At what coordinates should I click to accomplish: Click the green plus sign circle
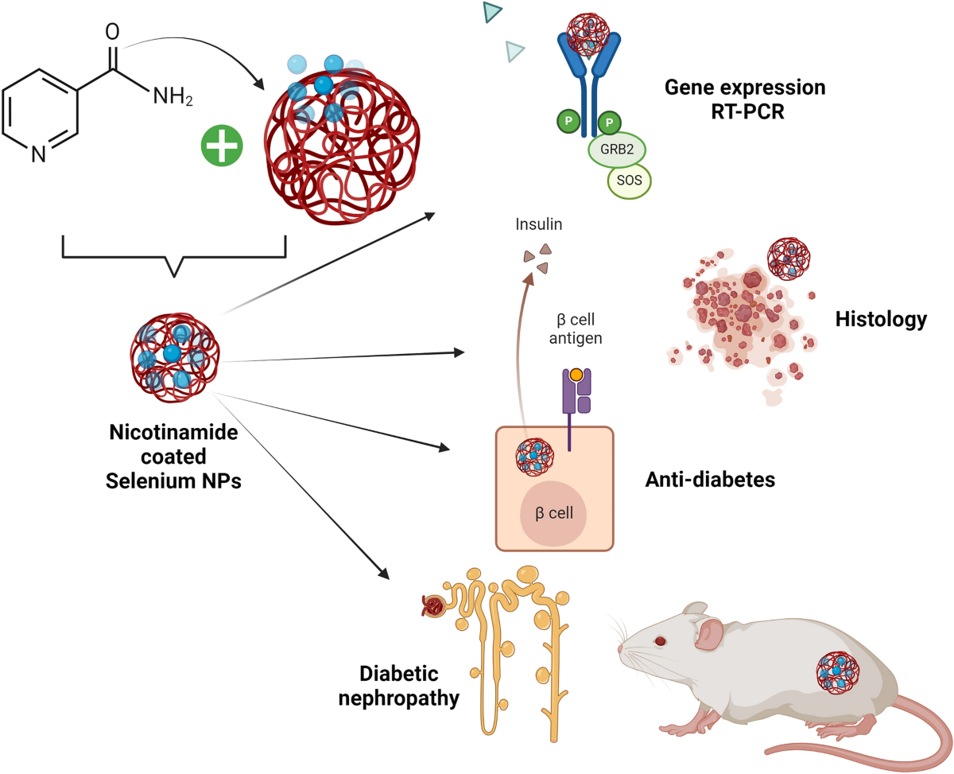pos(222,146)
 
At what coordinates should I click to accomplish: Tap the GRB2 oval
pos(617,150)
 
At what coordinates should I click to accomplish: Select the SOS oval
pos(629,180)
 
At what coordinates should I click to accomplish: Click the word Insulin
pos(538,224)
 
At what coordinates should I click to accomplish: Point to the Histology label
pos(881,320)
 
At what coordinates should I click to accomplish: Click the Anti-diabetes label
pos(710,480)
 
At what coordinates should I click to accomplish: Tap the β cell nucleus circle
pos(553,514)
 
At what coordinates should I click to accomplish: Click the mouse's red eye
pos(660,641)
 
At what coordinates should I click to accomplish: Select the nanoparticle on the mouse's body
pos(838,673)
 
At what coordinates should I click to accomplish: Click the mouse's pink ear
pos(709,634)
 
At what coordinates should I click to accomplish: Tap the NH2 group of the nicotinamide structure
pos(173,96)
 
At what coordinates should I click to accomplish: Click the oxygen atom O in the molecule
pos(112,31)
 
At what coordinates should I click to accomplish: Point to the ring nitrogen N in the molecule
pos(38,154)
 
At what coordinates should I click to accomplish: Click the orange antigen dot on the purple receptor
pos(576,374)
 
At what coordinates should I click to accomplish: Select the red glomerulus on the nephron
pos(433,607)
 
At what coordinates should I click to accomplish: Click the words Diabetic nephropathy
pos(398,686)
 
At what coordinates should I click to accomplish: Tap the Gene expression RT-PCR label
pos(745,99)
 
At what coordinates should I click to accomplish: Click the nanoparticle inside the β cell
pos(534,457)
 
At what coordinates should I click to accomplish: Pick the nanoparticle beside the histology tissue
pos(789,259)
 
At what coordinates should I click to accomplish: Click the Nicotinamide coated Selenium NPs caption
pos(173,457)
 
